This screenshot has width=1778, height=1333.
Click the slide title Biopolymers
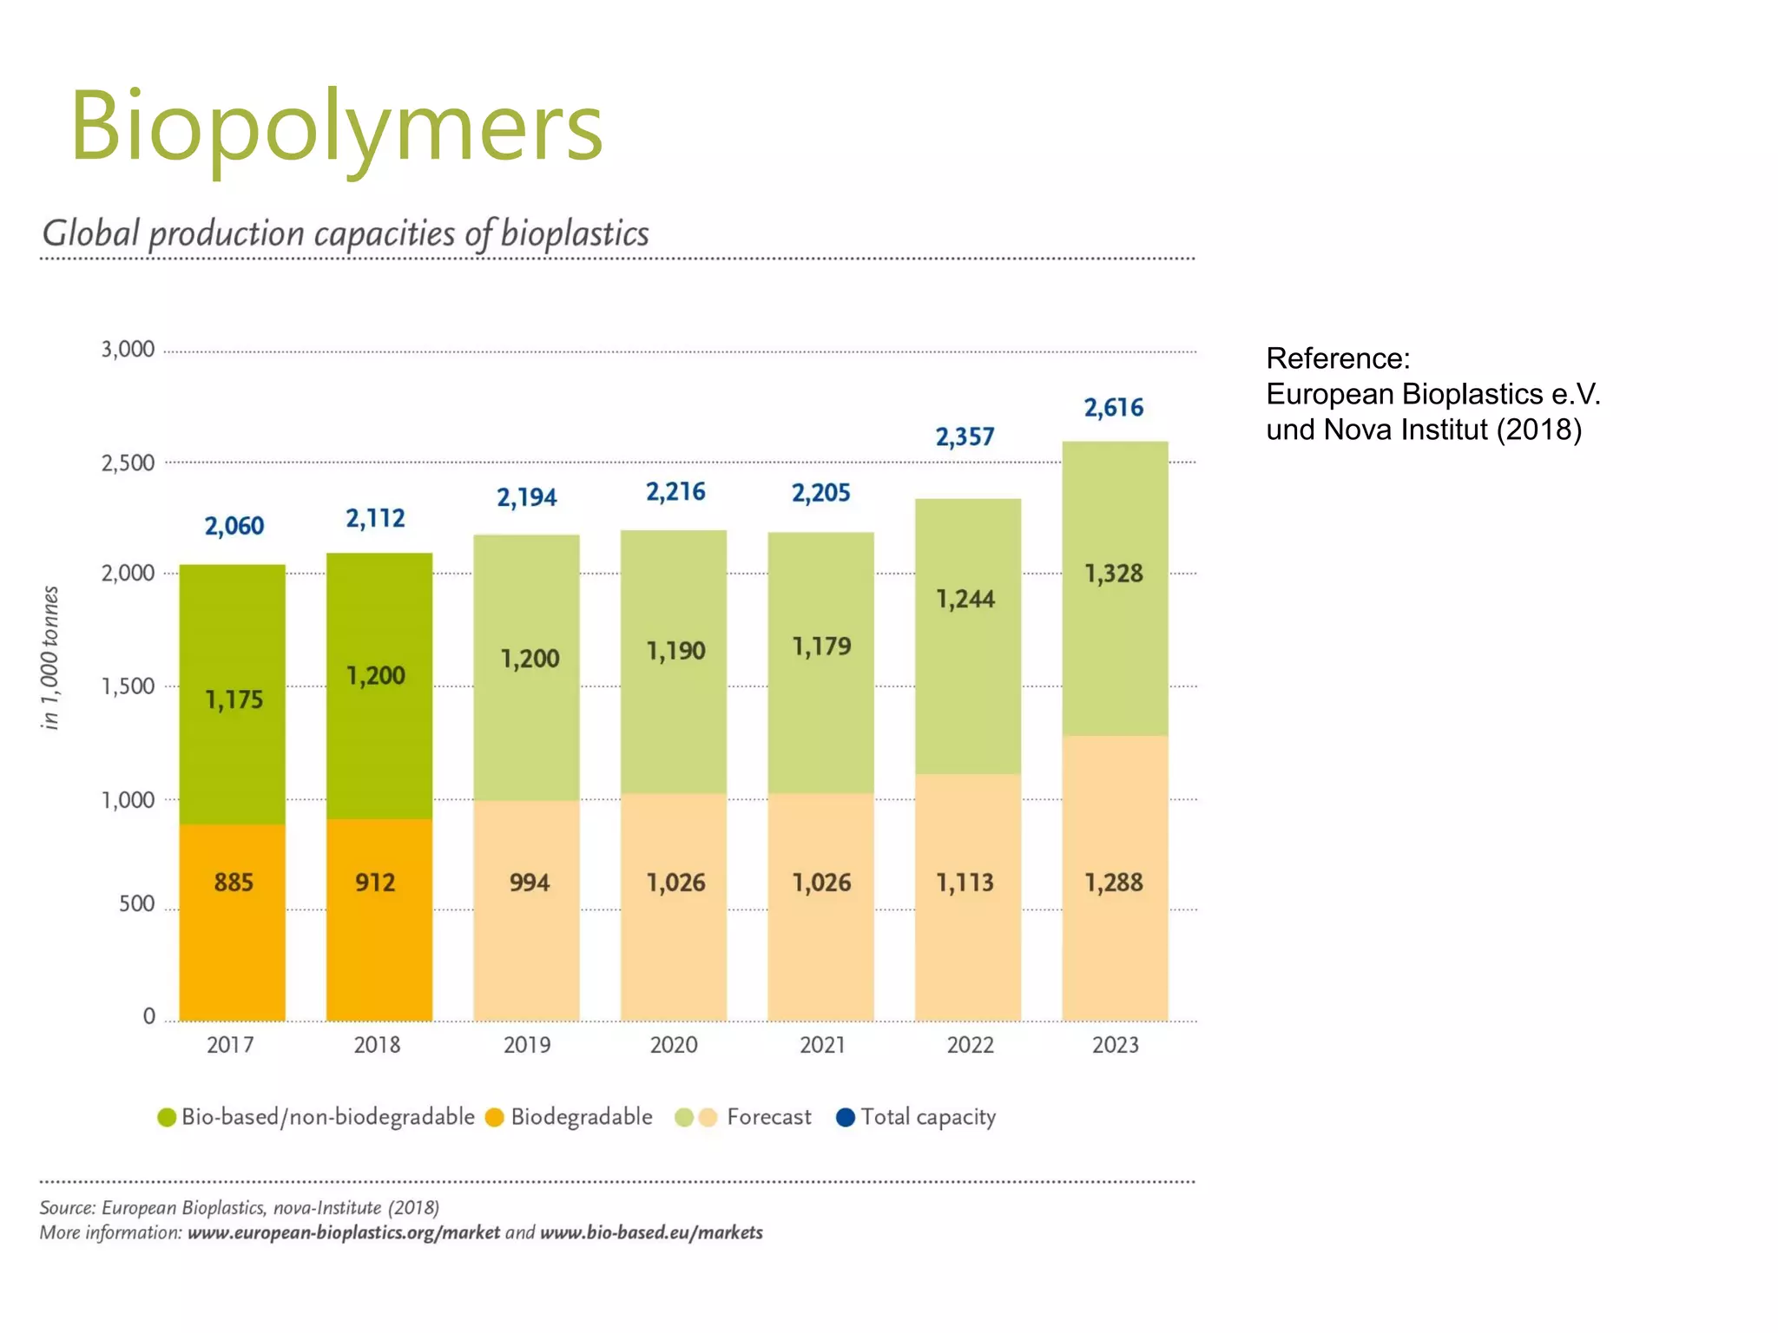coord(336,127)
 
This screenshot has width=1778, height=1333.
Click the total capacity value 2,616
coord(1113,407)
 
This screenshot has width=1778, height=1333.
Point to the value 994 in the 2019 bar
coord(529,883)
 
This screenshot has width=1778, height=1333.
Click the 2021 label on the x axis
coord(821,1044)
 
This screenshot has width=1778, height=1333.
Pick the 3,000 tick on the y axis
coord(128,350)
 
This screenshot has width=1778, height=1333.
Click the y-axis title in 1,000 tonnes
coord(50,657)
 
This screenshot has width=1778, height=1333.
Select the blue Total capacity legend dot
coord(845,1117)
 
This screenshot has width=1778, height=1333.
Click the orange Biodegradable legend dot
coord(495,1117)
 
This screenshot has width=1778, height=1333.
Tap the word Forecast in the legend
coord(768,1117)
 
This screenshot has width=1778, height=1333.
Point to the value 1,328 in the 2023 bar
coord(1113,574)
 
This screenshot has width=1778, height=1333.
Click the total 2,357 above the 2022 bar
coord(965,437)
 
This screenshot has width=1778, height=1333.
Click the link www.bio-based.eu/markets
coord(651,1232)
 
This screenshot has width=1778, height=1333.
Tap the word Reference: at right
coord(1337,358)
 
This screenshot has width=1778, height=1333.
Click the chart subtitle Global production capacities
coord(345,233)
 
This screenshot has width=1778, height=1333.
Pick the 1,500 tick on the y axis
coord(128,686)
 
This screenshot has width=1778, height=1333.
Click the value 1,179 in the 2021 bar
coord(821,647)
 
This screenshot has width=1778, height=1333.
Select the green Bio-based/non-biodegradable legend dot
coord(167,1117)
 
